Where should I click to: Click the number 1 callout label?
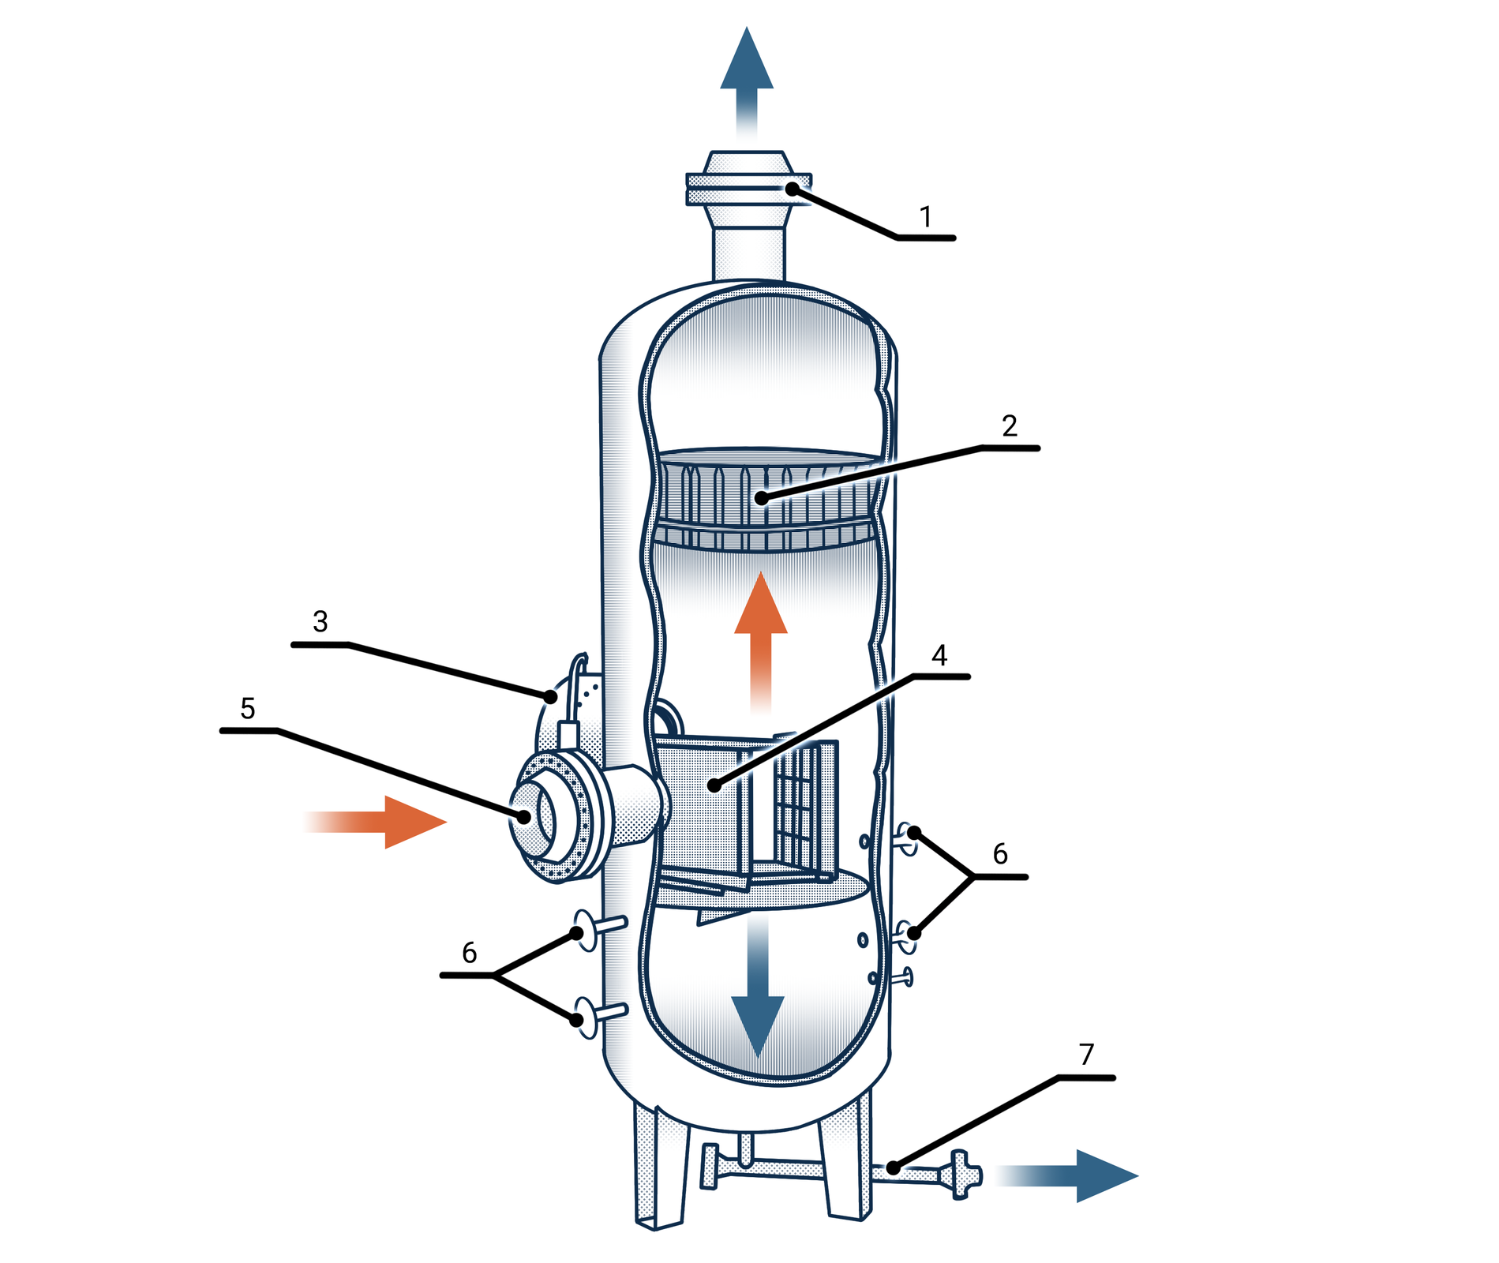[x=926, y=217]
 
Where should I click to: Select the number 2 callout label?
[x=1009, y=426]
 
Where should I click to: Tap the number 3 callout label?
[x=320, y=622]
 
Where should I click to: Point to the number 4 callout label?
[x=939, y=655]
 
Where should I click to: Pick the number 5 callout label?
[x=248, y=709]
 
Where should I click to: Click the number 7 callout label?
[x=1086, y=1055]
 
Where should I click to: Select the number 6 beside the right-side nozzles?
[x=1000, y=854]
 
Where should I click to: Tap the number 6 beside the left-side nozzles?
[x=469, y=954]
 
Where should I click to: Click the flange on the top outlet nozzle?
[x=748, y=189]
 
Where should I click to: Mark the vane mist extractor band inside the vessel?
[x=766, y=497]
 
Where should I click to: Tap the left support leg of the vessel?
[x=660, y=1168]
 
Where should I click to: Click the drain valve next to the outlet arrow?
[x=961, y=1175]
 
